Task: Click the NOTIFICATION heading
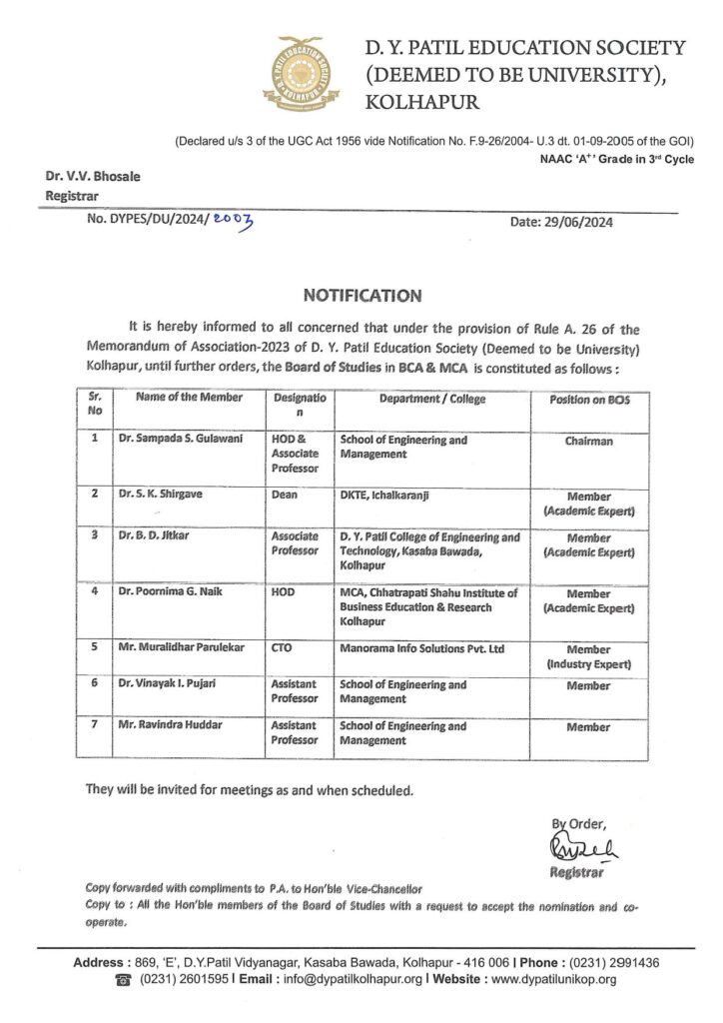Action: click(361, 296)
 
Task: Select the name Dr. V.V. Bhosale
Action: click(92, 177)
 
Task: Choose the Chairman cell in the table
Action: click(588, 441)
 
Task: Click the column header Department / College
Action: click(432, 399)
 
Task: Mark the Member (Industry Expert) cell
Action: click(588, 655)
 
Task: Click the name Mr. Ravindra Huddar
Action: click(167, 726)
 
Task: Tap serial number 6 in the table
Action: click(93, 685)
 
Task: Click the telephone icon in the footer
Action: click(124, 980)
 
